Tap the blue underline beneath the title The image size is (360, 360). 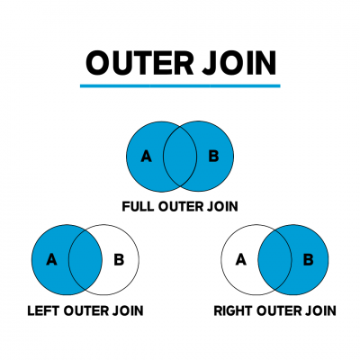[180, 86]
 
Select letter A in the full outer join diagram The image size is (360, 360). [147, 156]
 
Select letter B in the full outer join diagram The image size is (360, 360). [213, 156]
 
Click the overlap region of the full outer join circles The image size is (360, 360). [180, 156]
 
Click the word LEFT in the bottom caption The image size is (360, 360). [42, 311]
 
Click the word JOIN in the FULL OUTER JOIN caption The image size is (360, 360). [221, 206]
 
